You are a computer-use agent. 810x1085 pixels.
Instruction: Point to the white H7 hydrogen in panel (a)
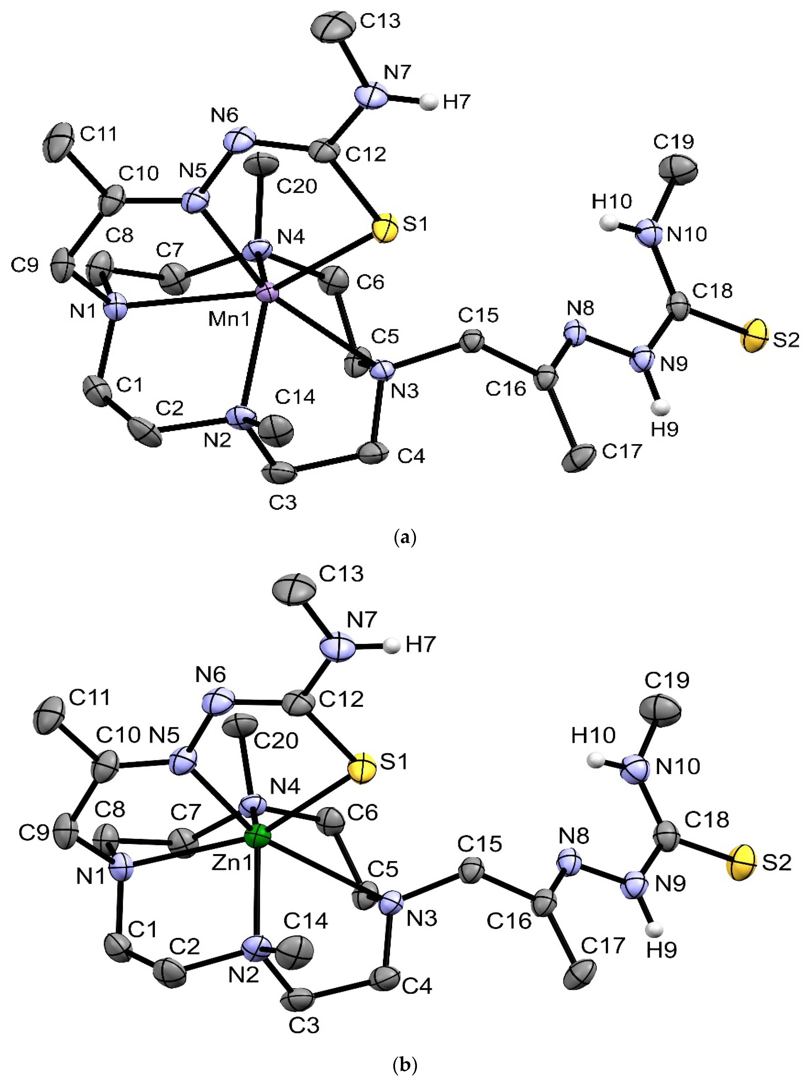(x=430, y=103)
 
